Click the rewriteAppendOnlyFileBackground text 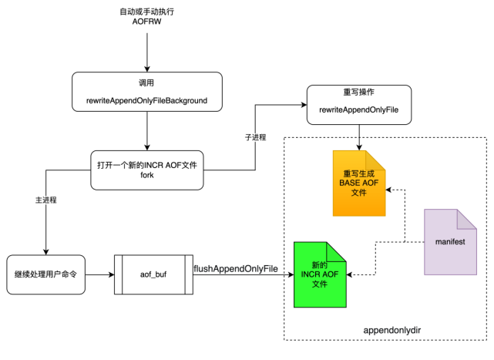point(146,102)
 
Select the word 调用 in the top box point(146,83)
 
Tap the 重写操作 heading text point(358,93)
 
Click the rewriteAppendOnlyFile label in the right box point(358,111)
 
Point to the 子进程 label point(255,137)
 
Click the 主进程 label point(46,200)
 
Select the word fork point(146,176)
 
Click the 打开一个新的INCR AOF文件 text point(146,164)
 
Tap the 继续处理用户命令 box point(46,274)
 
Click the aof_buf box point(154,274)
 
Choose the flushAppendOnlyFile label point(235,268)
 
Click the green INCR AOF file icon point(320,276)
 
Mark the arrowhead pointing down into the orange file point(359,147)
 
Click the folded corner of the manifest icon point(468,217)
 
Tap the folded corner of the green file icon point(338,250)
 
